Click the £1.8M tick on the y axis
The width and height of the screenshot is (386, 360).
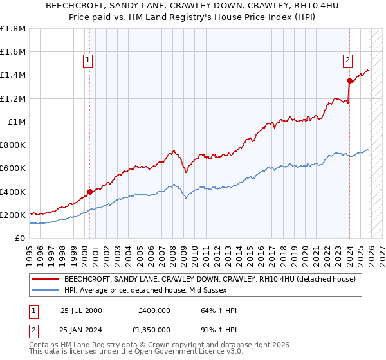(x=13, y=29)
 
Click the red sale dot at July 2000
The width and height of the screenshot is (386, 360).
(x=89, y=191)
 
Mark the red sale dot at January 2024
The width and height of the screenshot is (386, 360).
(x=349, y=81)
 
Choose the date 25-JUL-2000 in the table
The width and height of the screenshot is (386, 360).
(x=81, y=310)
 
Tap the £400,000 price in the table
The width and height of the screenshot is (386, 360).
(x=154, y=310)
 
